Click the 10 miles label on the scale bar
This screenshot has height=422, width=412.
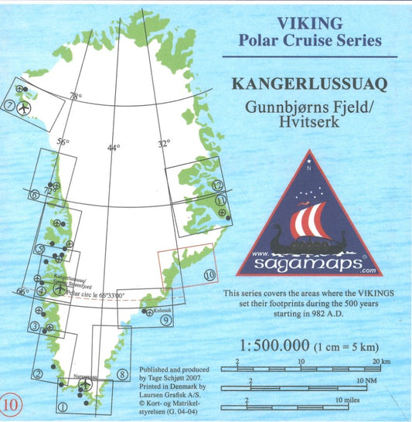(x=348, y=400)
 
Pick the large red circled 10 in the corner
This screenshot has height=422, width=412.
(x=11, y=403)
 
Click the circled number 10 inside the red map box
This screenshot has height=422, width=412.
(x=209, y=274)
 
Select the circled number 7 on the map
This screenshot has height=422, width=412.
(x=10, y=107)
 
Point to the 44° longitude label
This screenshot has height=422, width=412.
(x=114, y=148)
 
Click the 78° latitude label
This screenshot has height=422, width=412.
(x=75, y=97)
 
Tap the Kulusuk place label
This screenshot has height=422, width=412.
(x=162, y=310)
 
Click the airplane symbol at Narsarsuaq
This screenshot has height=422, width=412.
(x=86, y=383)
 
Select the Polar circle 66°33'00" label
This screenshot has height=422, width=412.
(x=96, y=294)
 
